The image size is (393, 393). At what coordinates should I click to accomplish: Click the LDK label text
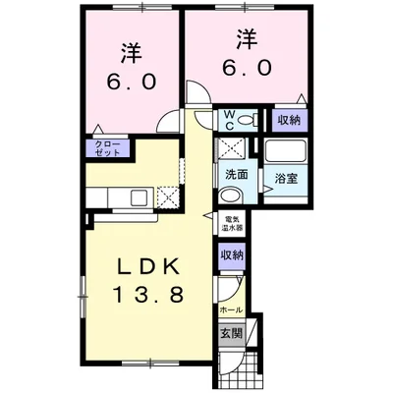[148, 266]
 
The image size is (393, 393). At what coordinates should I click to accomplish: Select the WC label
[229, 120]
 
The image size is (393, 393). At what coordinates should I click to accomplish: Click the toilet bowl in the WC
[248, 121]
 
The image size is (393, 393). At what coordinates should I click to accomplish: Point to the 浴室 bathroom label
[286, 179]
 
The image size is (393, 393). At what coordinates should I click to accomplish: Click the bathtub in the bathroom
[285, 150]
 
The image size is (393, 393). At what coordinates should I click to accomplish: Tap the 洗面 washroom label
[236, 175]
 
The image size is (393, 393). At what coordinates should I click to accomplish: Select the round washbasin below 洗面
[231, 196]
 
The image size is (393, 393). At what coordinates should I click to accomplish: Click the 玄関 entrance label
[232, 333]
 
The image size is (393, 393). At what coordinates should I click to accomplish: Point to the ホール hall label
[231, 309]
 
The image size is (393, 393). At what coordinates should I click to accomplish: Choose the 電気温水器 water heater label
[232, 224]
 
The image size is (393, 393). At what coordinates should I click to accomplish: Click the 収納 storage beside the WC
[290, 120]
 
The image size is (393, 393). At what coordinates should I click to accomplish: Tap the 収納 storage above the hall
[232, 254]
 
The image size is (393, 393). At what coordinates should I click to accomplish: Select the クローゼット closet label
[108, 148]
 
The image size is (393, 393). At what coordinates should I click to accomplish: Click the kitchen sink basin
[140, 197]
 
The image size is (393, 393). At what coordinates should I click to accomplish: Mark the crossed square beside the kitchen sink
[168, 197]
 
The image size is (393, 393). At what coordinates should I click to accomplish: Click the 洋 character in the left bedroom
[132, 53]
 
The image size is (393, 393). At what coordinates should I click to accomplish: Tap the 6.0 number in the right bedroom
[248, 68]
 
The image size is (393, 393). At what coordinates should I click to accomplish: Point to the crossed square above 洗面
[232, 148]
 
